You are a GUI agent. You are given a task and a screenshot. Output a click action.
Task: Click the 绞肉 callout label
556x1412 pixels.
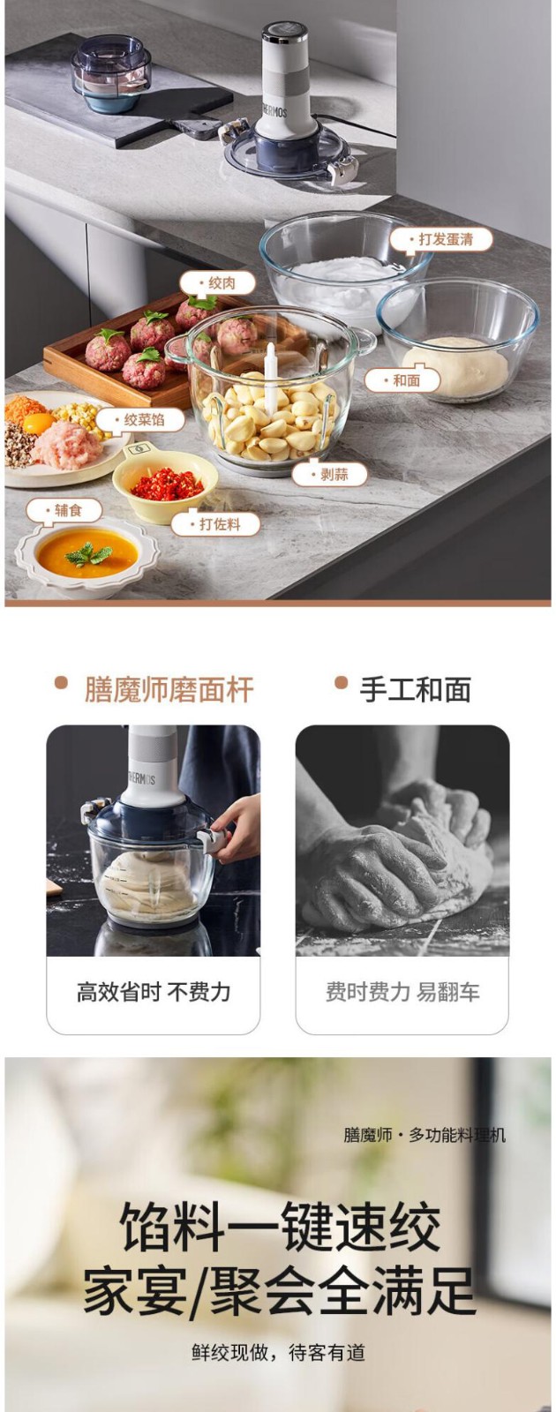point(217,283)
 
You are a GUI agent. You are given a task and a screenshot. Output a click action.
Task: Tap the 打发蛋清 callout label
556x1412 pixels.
point(440,239)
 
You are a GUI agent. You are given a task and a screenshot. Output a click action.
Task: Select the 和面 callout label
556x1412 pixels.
point(402,380)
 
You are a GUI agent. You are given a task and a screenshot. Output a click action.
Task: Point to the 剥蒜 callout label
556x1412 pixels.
point(330,474)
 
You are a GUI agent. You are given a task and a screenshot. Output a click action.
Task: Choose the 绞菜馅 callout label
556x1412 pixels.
point(140,420)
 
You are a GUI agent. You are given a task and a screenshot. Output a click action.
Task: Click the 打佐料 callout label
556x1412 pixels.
point(215,524)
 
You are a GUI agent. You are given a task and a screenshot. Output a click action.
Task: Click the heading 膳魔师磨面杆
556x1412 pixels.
point(169,689)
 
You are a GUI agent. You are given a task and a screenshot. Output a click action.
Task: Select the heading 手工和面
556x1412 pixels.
point(416,689)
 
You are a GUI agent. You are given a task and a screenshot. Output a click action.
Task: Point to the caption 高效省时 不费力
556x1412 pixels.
point(154,992)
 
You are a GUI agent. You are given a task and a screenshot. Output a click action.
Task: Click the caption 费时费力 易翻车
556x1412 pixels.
point(402,992)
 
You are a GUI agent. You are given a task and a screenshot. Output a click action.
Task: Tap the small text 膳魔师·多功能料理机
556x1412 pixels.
point(425,1135)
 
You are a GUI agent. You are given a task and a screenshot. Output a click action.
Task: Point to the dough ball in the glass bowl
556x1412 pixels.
point(455,366)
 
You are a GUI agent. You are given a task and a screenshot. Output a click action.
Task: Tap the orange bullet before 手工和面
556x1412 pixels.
point(341,683)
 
